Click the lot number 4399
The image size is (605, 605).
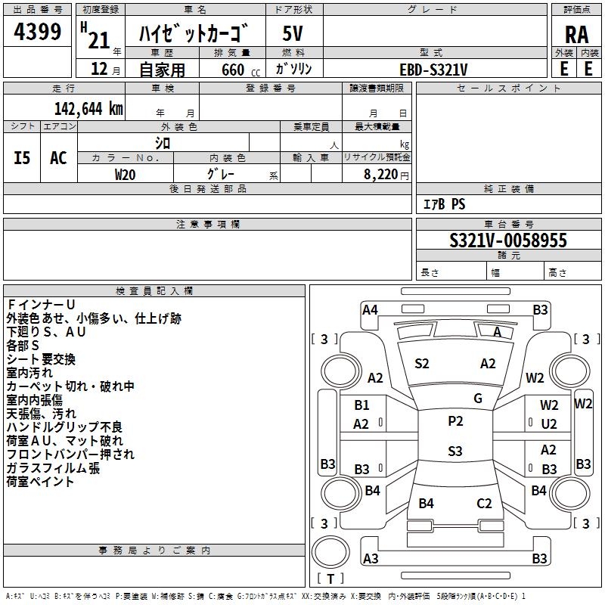click(x=37, y=32)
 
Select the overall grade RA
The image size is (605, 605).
click(x=577, y=35)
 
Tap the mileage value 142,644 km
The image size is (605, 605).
click(x=88, y=109)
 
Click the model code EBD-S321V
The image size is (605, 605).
click(x=433, y=70)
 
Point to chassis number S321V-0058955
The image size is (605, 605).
click(x=508, y=240)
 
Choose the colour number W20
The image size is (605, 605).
click(x=125, y=175)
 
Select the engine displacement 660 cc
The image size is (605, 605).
click(x=240, y=70)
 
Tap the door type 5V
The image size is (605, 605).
click(x=293, y=33)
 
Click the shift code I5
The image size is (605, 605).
click(x=22, y=158)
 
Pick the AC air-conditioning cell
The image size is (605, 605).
click(x=58, y=158)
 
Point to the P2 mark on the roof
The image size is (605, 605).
click(x=455, y=421)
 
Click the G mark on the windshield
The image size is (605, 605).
click(x=478, y=399)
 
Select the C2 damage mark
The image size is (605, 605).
click(x=484, y=504)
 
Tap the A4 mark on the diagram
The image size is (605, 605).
click(x=370, y=310)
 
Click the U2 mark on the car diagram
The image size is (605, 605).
click(x=549, y=424)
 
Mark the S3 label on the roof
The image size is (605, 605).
click(x=455, y=451)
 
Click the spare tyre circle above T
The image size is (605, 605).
click(x=330, y=552)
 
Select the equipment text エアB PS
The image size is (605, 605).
click(x=445, y=204)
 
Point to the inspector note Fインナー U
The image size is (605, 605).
click(x=41, y=305)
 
